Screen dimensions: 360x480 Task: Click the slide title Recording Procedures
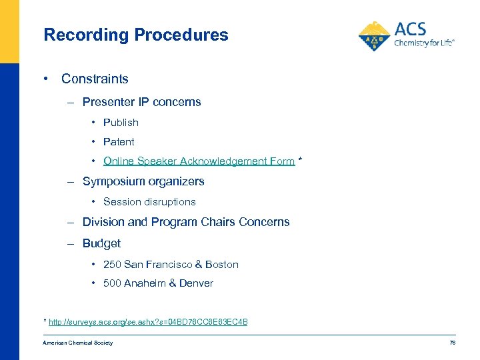[x=135, y=35]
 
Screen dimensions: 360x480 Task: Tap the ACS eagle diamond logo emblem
[x=375, y=36]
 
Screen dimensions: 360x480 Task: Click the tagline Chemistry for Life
[x=424, y=43]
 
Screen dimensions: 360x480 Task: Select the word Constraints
[x=95, y=79]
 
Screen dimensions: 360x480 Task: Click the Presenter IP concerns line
[x=141, y=102]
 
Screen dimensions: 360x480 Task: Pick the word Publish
[x=121, y=123]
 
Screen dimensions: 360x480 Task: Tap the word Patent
[x=119, y=142]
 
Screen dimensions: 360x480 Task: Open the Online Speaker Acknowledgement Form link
[x=199, y=161]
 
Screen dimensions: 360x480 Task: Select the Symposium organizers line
[x=143, y=181]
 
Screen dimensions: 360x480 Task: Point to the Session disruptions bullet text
[x=149, y=201]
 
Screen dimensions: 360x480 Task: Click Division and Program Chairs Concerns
[x=186, y=222]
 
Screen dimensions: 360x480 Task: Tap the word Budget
[x=101, y=243]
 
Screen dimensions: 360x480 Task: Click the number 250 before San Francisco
[x=112, y=265]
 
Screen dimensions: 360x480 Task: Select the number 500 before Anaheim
[x=112, y=283]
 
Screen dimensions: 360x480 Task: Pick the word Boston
[x=221, y=265]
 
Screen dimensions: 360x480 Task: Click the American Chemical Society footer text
[x=77, y=343]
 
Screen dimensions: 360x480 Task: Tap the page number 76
[x=452, y=343]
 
